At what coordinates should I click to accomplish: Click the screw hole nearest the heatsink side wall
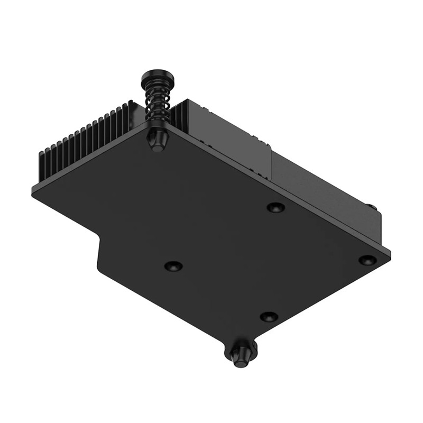coord(275,207)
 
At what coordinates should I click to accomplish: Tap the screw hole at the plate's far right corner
coord(367,260)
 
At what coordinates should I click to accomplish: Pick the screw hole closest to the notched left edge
coord(173,265)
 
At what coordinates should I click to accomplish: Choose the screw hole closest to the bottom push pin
coord(269,316)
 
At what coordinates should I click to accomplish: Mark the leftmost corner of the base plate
coord(33,191)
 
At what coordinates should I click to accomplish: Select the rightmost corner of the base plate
coord(390,253)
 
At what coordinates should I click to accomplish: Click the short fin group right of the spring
coord(179,114)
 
